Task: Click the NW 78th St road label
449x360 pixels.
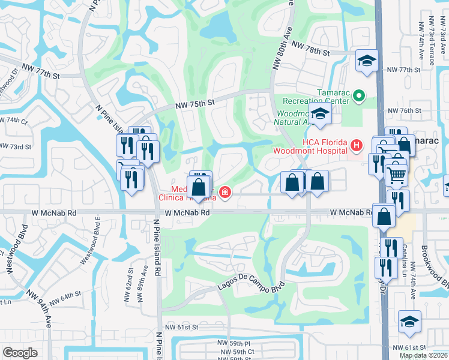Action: tap(311, 47)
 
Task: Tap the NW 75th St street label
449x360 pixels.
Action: tap(195, 104)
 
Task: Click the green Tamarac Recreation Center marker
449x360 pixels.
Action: tap(358, 95)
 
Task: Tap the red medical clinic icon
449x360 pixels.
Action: tap(224, 192)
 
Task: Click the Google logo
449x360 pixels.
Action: tap(20, 353)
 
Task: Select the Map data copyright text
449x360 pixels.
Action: tap(423, 355)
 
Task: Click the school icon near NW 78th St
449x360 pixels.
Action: tap(367, 61)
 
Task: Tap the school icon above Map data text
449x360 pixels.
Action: tap(410, 323)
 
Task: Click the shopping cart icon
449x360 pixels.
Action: tap(396, 175)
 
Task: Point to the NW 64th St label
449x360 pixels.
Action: tap(65, 296)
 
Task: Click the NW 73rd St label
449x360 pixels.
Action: tap(15, 146)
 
